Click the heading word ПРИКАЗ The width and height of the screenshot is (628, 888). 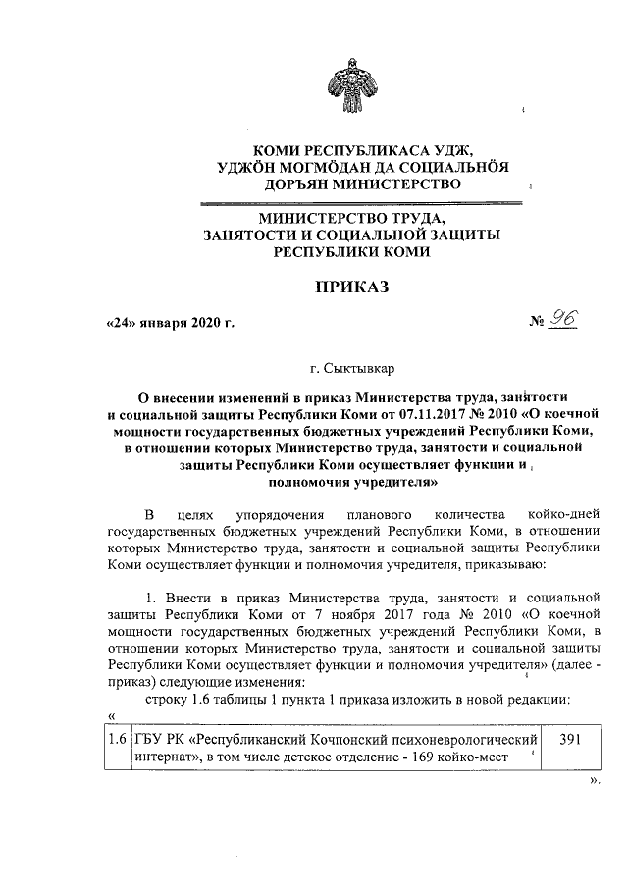[x=351, y=287]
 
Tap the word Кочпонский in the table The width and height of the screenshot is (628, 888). [x=353, y=738]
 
